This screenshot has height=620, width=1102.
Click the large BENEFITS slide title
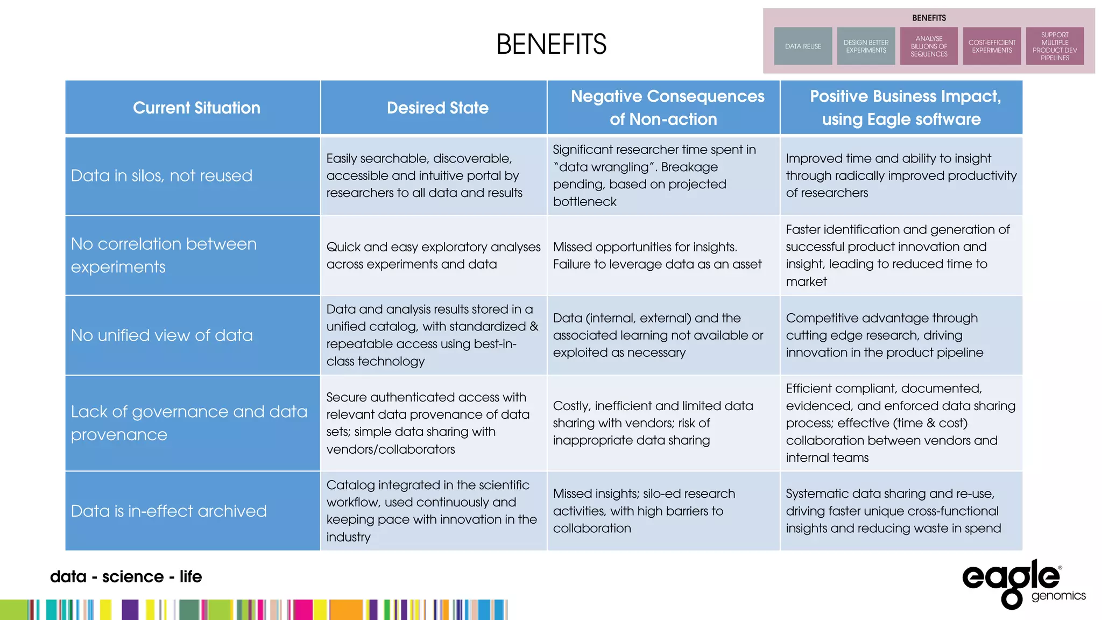click(x=551, y=44)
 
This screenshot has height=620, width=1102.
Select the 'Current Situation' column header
click(x=196, y=108)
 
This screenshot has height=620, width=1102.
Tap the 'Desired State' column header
click(x=437, y=108)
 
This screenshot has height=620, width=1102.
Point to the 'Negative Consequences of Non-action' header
click(x=667, y=108)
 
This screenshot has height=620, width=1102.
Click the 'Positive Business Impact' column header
click(x=905, y=108)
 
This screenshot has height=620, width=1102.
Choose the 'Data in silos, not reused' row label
click(x=161, y=176)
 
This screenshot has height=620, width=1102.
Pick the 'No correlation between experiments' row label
click(x=164, y=255)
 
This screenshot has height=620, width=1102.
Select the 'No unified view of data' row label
click(x=161, y=335)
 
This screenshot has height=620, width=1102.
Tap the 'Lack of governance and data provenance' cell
click(x=189, y=423)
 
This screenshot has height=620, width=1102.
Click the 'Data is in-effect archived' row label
click(x=168, y=511)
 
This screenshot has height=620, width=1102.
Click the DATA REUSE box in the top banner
click(x=803, y=46)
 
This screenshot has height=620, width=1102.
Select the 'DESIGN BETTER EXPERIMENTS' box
click(x=866, y=46)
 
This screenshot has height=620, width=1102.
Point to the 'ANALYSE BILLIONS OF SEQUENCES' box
click(x=929, y=46)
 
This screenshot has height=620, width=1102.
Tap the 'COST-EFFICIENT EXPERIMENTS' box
click(x=992, y=46)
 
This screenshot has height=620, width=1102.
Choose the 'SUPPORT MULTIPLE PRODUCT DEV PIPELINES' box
click(x=1055, y=46)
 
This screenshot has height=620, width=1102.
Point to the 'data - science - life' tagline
click(x=126, y=576)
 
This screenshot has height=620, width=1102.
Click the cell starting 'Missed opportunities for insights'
click(x=657, y=256)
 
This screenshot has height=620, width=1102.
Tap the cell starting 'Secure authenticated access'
click(x=428, y=423)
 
